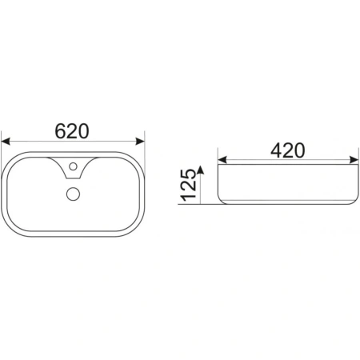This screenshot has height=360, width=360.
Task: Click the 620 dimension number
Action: pos(72,131)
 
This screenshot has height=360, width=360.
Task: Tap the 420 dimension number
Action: pos(288,150)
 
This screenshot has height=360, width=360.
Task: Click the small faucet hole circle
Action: pos(73,166)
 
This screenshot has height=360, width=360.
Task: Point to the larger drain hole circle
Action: pos(73,194)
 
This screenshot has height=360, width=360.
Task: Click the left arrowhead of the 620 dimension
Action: pos(6,142)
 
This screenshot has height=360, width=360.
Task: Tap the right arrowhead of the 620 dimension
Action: pos(140,142)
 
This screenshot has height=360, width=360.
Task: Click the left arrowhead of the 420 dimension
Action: pos(222,160)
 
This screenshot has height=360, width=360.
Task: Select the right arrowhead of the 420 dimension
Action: pos(354,160)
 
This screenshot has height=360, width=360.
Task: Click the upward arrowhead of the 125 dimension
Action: pos(201,170)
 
